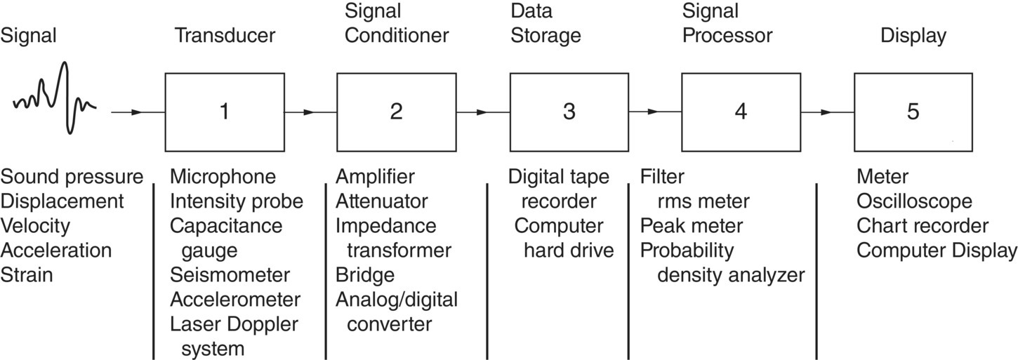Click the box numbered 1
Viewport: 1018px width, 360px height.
224,111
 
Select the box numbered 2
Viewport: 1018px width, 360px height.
397,111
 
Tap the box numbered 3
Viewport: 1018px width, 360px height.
569,111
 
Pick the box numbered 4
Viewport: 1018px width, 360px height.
741,111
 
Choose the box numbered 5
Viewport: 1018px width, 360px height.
913,111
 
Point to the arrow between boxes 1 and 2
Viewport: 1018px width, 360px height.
309,112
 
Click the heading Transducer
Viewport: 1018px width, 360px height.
225,36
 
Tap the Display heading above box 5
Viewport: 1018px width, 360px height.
913,36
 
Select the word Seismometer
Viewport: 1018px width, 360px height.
230,274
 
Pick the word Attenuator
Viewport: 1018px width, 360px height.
382,201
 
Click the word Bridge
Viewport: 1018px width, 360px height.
364,274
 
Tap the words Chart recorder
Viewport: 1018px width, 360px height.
923,225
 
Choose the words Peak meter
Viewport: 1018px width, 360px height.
692,225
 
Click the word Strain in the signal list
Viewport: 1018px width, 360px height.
27,274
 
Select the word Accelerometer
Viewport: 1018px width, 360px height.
235,300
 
